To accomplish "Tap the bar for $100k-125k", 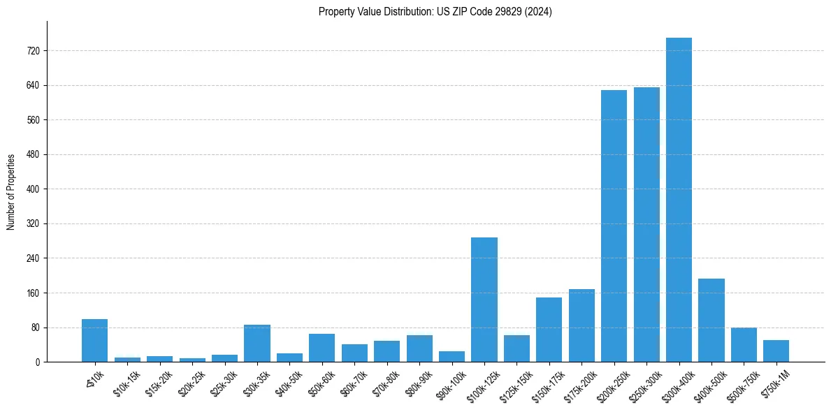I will tap(484, 300).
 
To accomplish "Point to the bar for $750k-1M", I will tap(776, 351).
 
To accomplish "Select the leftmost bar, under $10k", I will tap(94, 340).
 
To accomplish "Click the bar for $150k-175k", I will tap(549, 330).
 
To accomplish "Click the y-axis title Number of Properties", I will tap(11, 191).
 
